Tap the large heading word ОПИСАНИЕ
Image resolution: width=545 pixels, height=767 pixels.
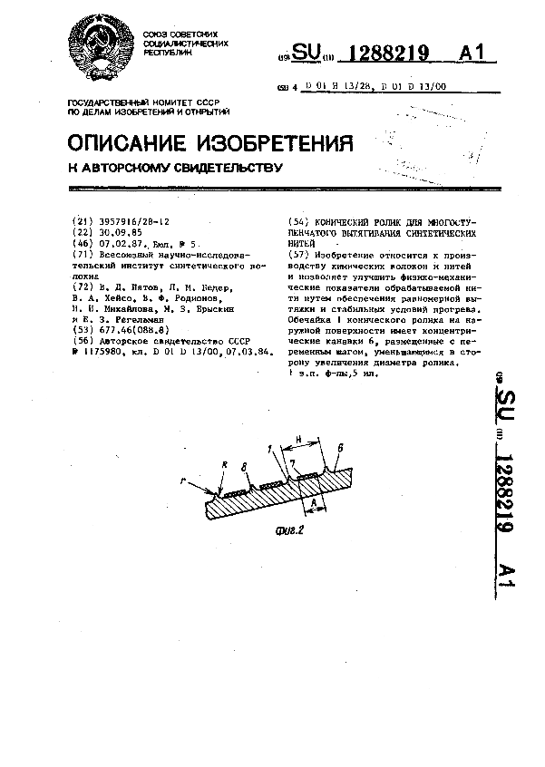point(129,144)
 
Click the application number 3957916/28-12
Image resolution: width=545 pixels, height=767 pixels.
point(132,221)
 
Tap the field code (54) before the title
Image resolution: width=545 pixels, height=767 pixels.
point(297,222)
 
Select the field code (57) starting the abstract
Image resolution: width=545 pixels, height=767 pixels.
point(297,255)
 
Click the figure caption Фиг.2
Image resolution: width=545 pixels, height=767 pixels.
point(287,530)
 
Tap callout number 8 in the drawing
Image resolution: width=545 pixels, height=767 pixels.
point(243,466)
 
